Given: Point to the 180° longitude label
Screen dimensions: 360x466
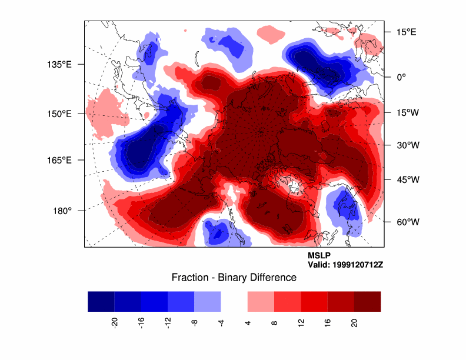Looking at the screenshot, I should tap(62, 211).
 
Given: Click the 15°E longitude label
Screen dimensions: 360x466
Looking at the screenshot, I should tap(405, 32).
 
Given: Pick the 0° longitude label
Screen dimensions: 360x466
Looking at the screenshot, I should tap(402, 76).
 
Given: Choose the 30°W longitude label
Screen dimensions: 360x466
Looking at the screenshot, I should tap(406, 145).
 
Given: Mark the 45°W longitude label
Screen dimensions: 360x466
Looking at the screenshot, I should tap(406, 180).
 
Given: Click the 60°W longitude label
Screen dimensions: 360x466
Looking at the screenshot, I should tap(406, 222).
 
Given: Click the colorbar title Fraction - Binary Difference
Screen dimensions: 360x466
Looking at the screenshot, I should tap(234, 278).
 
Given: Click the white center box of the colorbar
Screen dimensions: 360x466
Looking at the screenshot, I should tap(234, 301).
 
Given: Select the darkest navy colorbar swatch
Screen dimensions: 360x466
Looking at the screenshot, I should tap(101, 301).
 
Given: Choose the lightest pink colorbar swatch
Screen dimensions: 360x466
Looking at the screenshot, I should tap(261, 301).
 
